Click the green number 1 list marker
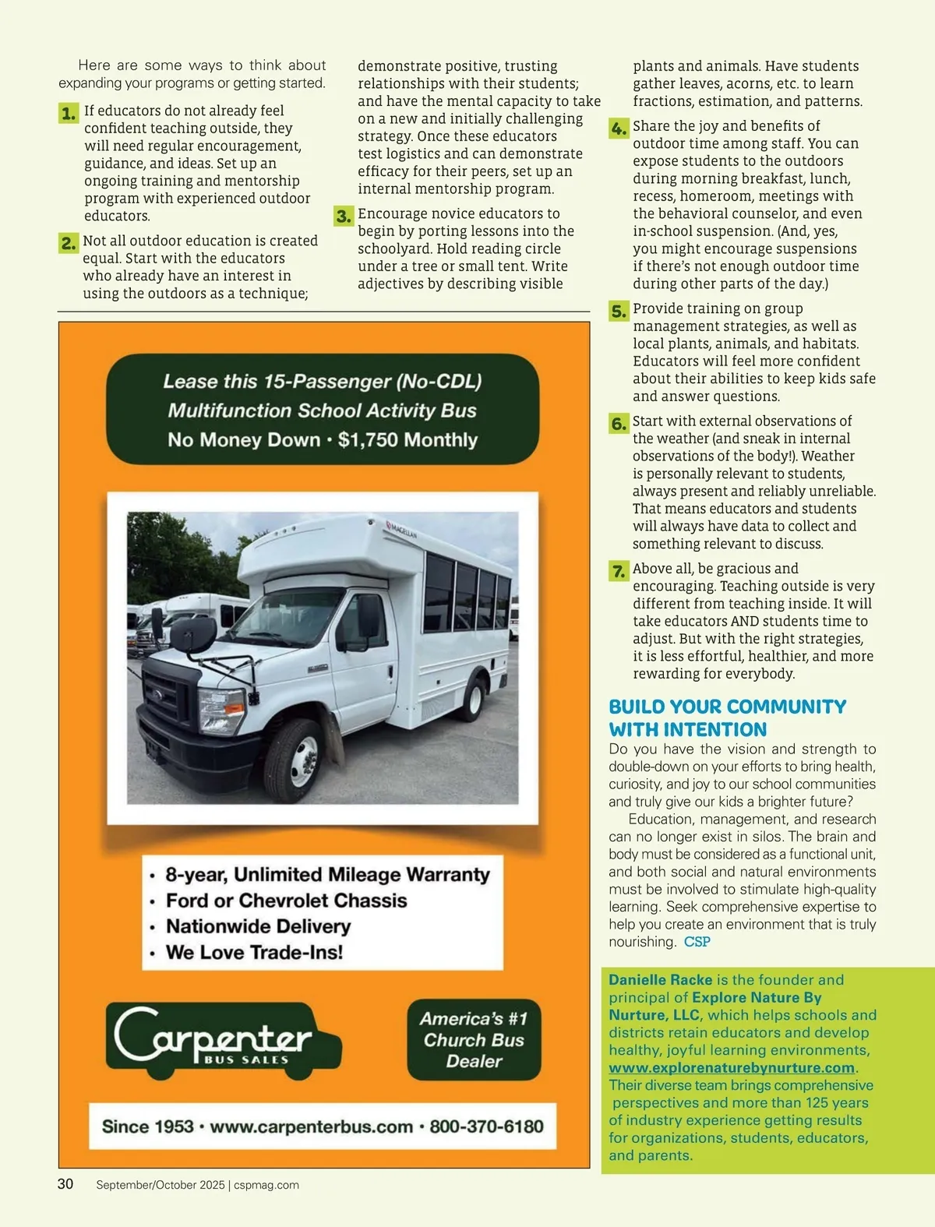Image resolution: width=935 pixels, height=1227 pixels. coord(69,114)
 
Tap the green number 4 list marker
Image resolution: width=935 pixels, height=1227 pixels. coord(619,129)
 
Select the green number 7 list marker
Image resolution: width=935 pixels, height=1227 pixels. coord(619,571)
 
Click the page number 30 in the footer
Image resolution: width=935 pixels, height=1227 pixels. coord(65,1184)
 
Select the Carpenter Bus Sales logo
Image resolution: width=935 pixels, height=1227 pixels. coord(223,1041)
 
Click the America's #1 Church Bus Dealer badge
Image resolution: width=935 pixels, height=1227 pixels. coord(474,1040)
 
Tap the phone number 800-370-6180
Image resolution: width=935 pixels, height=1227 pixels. coord(486,1127)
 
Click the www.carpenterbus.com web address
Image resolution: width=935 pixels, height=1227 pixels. coord(311,1127)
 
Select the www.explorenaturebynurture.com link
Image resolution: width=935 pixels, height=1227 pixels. coord(732,1068)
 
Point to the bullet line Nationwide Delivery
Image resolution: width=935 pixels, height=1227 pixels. coord(258,926)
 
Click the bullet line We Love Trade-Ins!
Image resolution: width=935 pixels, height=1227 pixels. coord(254,952)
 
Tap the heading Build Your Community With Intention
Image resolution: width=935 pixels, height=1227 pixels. coord(727,718)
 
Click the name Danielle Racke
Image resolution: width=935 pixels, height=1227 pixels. coord(660,980)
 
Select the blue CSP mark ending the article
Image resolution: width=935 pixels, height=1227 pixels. coord(697,942)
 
